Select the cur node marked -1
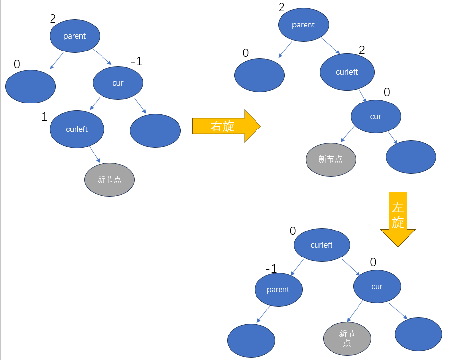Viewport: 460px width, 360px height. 118,83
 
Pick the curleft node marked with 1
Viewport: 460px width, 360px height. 77,129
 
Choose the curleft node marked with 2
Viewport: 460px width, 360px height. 347,72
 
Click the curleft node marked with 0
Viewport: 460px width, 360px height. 322,245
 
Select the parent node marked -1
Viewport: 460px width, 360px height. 278,289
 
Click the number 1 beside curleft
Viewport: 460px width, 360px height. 44,117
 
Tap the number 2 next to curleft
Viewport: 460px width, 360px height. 362,50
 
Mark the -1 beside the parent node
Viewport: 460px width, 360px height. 271,268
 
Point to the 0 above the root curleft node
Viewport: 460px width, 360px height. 293,231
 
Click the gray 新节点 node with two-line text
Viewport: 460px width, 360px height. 347,338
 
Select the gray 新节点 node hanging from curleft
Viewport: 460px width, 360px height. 109,180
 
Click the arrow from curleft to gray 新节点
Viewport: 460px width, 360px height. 95,155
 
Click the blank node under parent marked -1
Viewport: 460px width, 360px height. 251,340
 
